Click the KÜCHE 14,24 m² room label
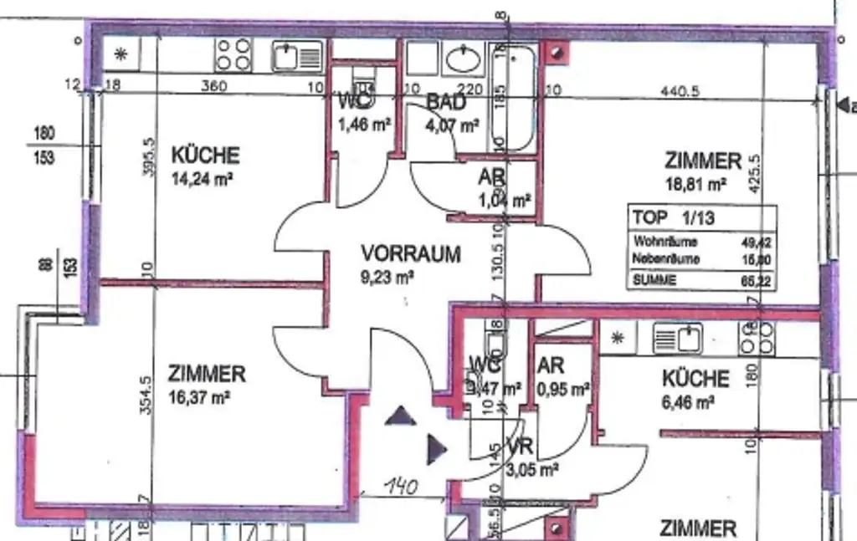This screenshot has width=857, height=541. pos(205,156)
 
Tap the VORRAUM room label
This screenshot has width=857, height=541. pos(410,253)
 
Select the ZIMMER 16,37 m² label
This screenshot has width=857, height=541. pos(206,374)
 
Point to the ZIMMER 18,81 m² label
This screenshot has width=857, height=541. pos(703,161)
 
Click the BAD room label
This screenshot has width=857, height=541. pos(446,102)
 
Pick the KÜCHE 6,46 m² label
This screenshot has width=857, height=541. pos(695,379)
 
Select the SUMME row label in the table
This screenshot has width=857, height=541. pos(654,281)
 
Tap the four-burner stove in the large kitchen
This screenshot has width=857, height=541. pos(233,54)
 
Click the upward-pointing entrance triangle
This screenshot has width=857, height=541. pos(400,416)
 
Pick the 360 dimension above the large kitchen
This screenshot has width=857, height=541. pos(213,85)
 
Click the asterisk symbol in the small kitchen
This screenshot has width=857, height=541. pos(618,339)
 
